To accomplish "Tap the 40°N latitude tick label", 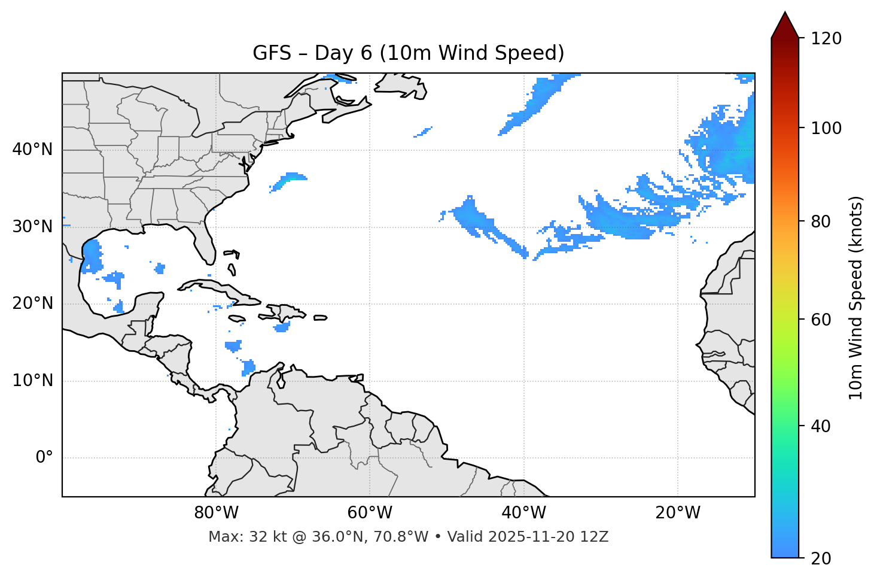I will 32,150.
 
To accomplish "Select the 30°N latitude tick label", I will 32,227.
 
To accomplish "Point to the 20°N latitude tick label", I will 32,303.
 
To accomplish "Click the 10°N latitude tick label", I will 32,381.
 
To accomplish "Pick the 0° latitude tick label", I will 44,458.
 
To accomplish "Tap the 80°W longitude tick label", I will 216,513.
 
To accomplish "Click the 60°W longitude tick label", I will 370,513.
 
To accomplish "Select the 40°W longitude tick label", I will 523,513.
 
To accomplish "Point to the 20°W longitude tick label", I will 677,513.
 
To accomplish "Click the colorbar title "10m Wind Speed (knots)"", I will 856,297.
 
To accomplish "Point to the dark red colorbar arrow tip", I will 785,14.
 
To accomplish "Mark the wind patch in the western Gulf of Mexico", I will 92,256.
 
